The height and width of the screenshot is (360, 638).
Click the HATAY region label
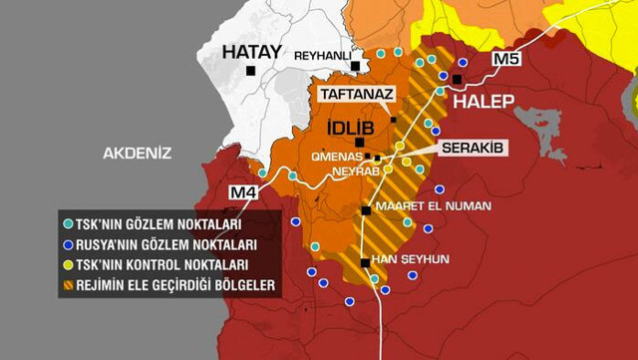[251, 52]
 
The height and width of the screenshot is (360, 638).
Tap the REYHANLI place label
[322, 56]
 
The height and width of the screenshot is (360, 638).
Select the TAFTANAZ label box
[357, 94]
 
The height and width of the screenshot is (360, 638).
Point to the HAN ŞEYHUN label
[410, 258]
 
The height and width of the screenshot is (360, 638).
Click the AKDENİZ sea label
[138, 153]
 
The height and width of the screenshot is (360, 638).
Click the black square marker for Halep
[459, 79]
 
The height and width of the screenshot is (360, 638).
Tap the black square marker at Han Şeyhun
[366, 263]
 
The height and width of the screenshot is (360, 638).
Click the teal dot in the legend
[67, 224]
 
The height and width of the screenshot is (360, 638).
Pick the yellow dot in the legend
[67, 264]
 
